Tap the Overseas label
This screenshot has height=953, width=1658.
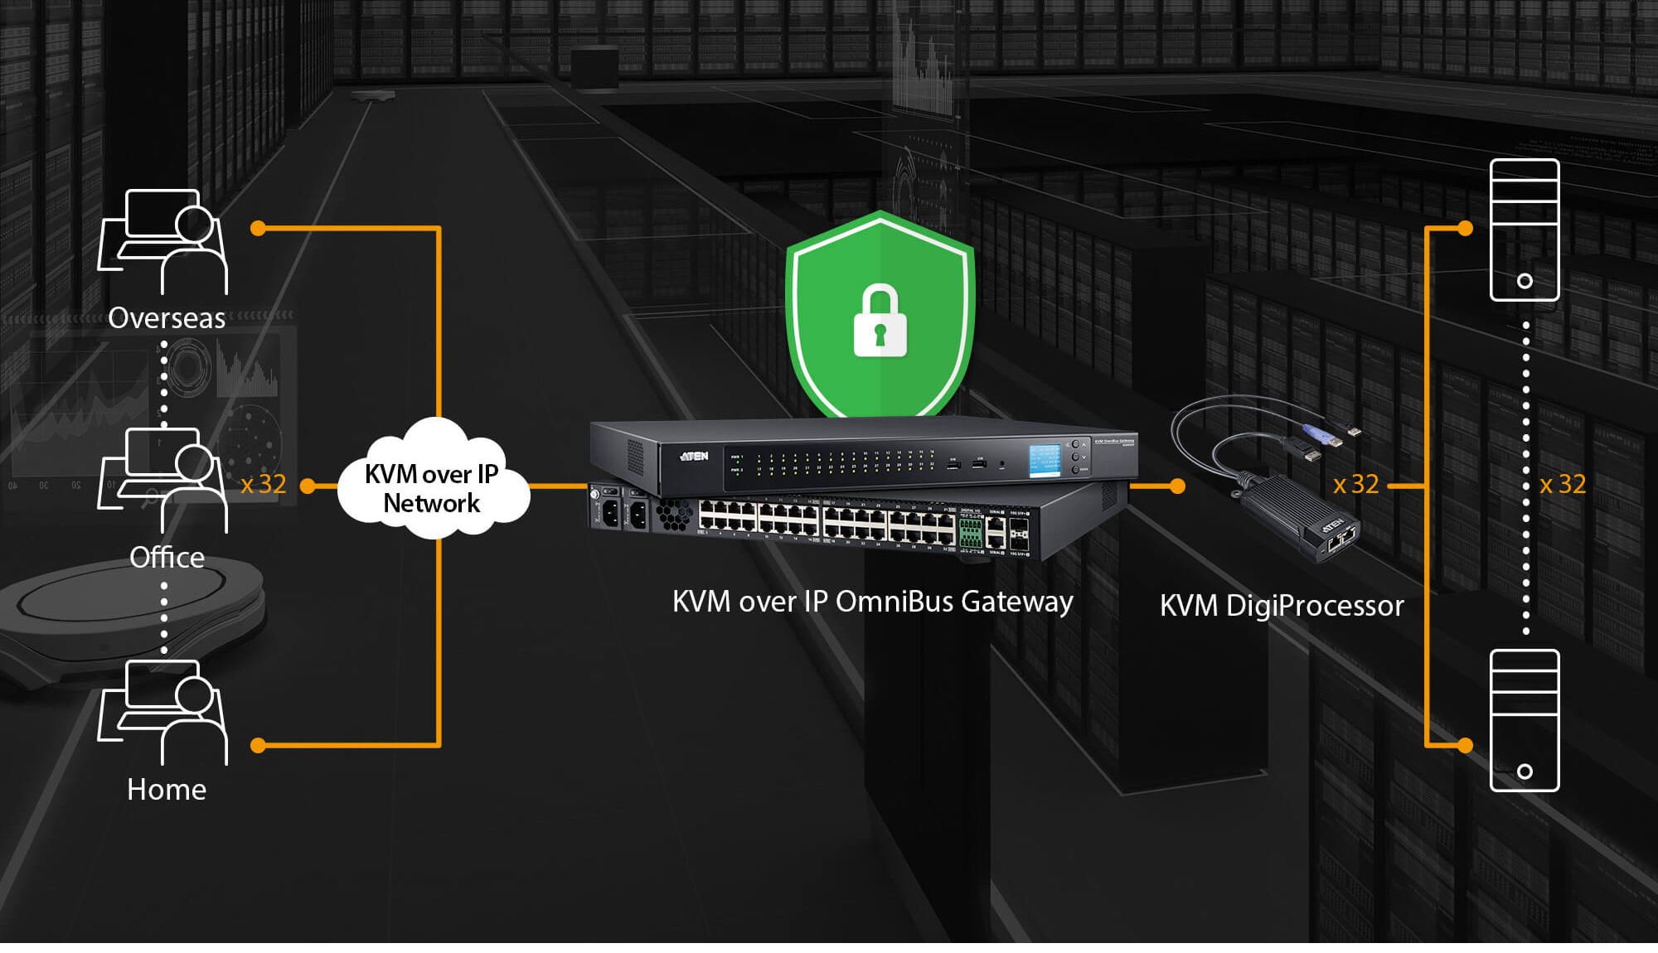[167, 318]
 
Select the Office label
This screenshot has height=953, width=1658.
[167, 557]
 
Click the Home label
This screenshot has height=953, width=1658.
[167, 789]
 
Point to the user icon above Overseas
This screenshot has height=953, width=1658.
[163, 241]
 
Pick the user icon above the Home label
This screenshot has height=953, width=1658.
[163, 712]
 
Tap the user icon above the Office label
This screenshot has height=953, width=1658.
[163, 480]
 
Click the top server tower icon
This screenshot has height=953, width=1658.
[1524, 230]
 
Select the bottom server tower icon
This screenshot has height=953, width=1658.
[1524, 720]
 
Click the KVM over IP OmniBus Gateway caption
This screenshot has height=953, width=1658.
[872, 602]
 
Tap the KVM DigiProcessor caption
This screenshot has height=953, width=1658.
[1282, 606]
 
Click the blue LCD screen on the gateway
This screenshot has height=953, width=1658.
[1045, 460]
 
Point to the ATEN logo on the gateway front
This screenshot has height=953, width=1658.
[694, 456]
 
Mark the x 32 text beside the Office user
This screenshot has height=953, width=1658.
[264, 484]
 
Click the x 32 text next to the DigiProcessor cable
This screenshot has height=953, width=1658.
[1356, 484]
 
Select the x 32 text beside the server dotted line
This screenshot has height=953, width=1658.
[1563, 484]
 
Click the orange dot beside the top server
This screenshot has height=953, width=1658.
[1465, 228]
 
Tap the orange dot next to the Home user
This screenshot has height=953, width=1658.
[258, 745]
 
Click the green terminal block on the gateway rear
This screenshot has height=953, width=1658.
[969, 533]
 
